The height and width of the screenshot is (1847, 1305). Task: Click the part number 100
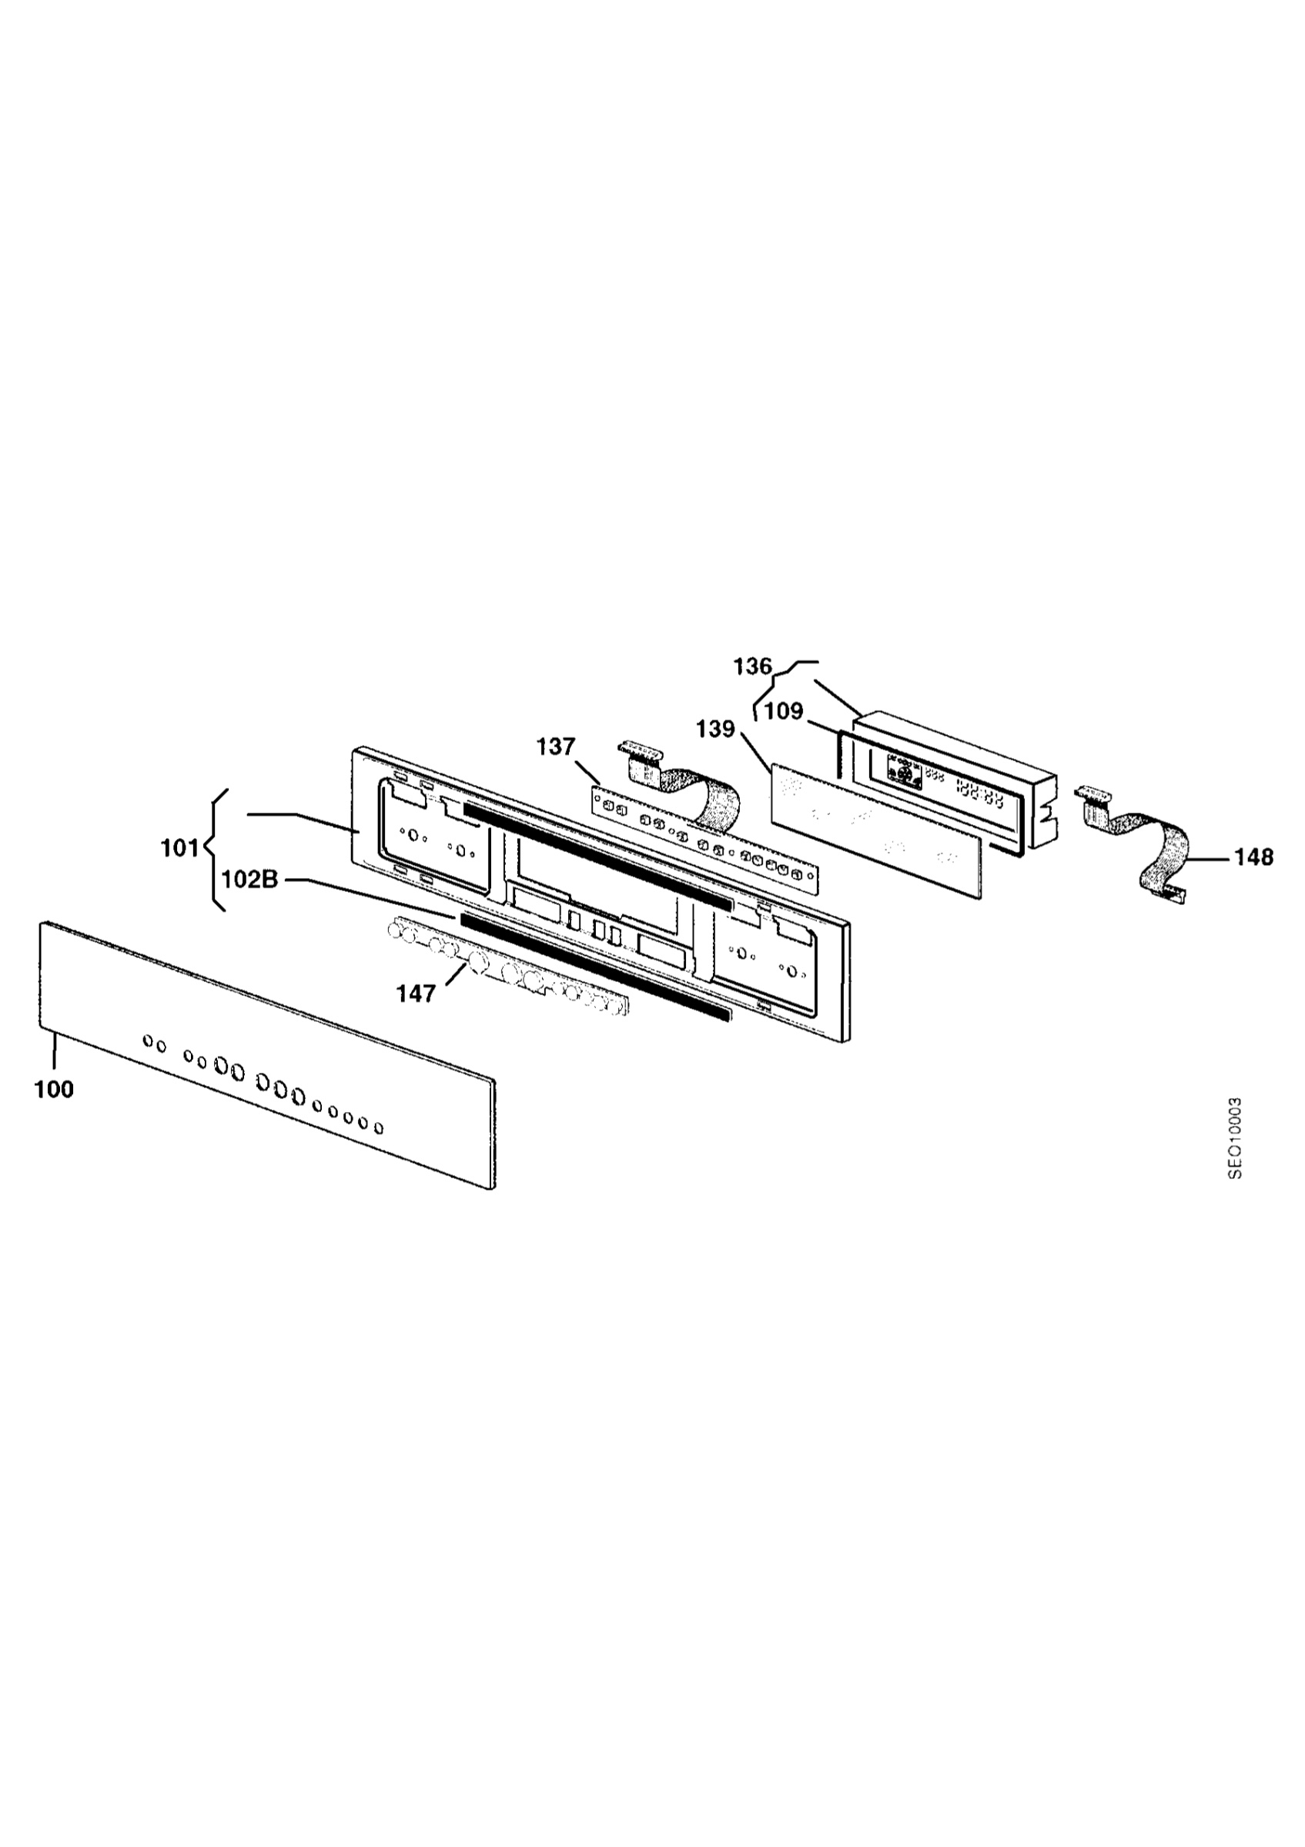[54, 1089]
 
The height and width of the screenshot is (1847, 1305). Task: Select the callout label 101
[179, 848]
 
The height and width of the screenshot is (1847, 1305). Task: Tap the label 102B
[250, 880]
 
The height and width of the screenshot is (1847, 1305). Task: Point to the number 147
[416, 994]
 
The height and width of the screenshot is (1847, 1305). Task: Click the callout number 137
[557, 747]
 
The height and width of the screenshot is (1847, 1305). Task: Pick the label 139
[716, 729]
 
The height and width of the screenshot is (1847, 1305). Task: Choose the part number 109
[784, 711]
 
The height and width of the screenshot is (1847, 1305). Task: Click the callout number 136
[752, 667]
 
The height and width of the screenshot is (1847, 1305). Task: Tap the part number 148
[1254, 857]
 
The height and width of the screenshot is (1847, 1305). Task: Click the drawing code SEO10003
[1235, 1138]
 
